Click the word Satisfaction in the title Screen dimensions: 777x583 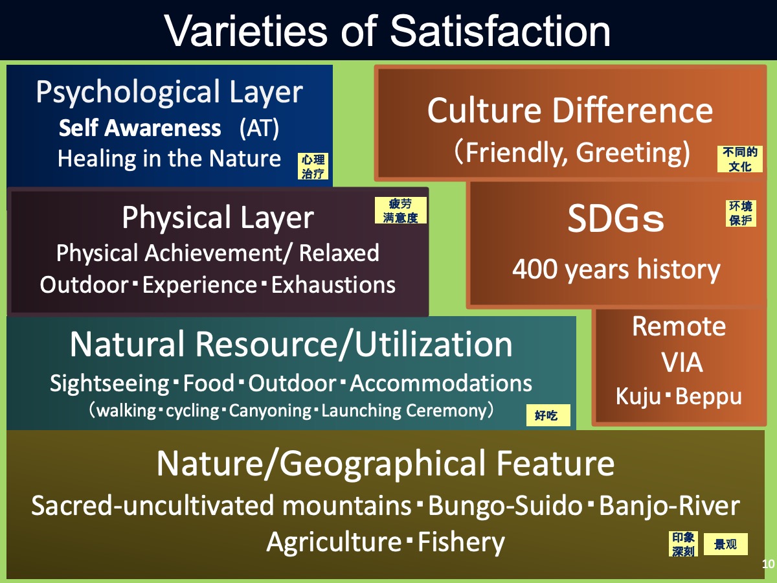(500, 31)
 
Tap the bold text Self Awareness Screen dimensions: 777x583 (140, 128)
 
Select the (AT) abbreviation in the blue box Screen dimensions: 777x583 (259, 128)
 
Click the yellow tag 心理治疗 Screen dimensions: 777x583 (313, 166)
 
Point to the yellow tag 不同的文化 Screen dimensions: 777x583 (740, 159)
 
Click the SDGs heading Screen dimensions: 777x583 (616, 219)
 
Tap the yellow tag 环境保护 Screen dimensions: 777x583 (741, 213)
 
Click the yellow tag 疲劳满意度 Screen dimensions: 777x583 (401, 211)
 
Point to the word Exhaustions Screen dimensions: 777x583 (333, 285)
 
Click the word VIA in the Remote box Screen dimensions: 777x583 (682, 362)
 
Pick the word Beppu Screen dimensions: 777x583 (708, 396)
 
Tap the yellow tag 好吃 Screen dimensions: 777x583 (548, 415)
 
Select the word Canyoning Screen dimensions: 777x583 (271, 411)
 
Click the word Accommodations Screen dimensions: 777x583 (441, 383)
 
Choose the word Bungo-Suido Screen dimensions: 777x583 (506, 505)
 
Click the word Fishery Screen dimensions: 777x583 (461, 543)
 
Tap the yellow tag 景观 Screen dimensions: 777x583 (726, 544)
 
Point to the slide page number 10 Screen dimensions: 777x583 (769, 564)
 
